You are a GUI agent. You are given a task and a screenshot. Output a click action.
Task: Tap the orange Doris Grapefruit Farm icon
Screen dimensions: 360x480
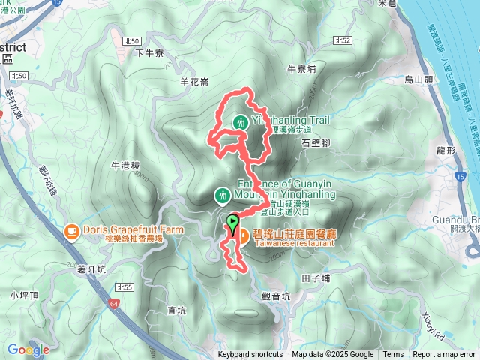(72, 231)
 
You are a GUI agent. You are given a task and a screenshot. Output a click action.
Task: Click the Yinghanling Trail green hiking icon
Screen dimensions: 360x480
(241, 121)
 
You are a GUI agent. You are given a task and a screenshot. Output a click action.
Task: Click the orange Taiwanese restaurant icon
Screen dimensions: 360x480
(244, 234)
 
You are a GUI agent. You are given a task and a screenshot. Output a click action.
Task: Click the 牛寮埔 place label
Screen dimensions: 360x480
(302, 68)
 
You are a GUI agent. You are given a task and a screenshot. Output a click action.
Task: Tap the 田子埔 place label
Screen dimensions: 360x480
(316, 279)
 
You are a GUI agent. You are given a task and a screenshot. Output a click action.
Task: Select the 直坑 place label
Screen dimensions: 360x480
(177, 310)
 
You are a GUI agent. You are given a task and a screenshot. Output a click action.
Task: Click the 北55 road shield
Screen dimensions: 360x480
(124, 288)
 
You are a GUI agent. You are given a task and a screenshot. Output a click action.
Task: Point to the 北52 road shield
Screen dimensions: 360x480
(343, 40)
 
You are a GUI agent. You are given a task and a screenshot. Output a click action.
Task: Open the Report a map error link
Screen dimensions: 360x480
(444, 355)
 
